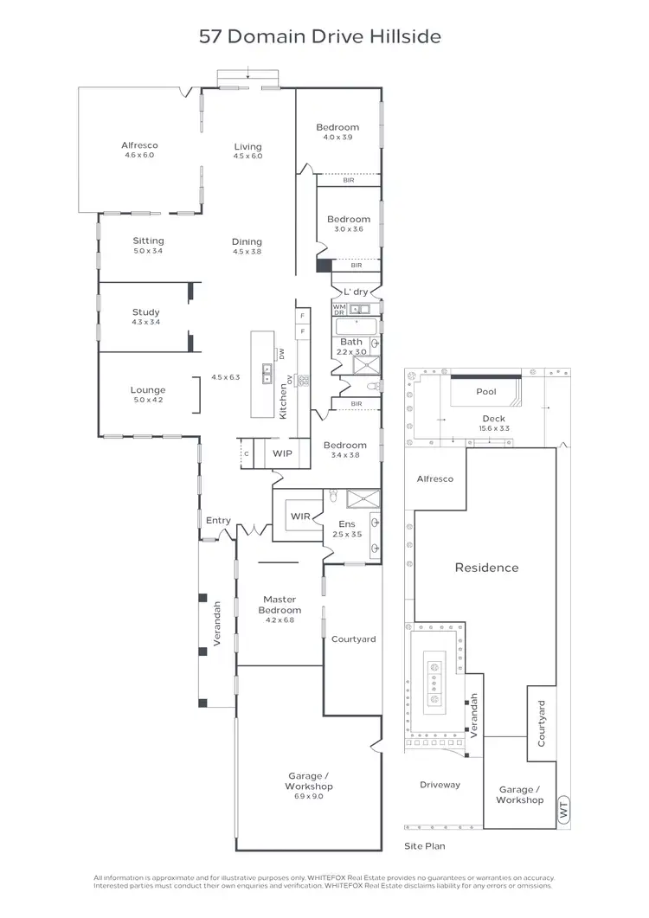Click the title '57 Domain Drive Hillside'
[x=320, y=36]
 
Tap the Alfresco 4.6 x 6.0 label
[x=139, y=151]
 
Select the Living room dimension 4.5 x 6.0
[x=247, y=157]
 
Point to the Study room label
[x=145, y=312]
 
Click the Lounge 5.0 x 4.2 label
[x=147, y=395]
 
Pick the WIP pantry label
[x=282, y=453]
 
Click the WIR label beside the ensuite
[x=299, y=517]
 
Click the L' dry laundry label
[x=356, y=292]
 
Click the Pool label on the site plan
[x=486, y=392]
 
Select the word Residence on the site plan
[x=486, y=568]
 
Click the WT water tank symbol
[x=563, y=811]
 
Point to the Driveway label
[x=440, y=785]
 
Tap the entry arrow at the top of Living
[x=248, y=73]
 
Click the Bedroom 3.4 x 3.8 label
[x=345, y=450]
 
